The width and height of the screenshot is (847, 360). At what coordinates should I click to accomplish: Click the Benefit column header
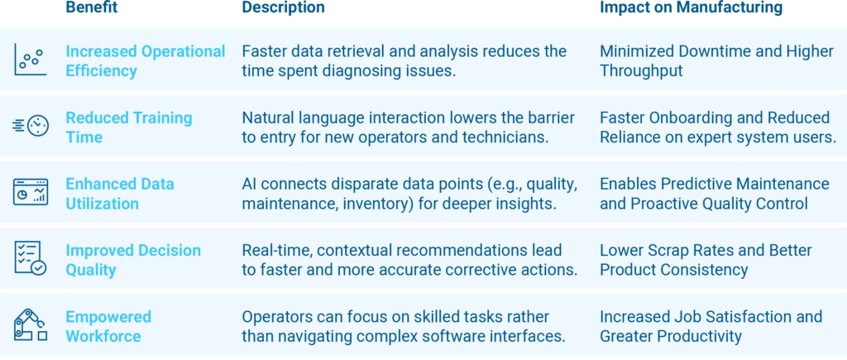(92, 7)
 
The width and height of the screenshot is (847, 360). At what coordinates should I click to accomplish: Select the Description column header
(283, 7)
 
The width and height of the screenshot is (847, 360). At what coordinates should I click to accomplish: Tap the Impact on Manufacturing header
(691, 7)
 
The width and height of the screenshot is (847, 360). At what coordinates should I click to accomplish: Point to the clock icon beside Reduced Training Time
(31, 126)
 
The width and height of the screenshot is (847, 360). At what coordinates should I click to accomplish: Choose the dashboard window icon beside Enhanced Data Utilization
(31, 192)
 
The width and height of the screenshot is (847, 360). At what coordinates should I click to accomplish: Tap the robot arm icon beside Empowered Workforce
(31, 325)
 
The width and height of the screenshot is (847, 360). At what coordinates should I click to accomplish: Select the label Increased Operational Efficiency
(146, 61)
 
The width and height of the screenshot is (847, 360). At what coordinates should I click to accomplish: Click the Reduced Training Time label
(128, 127)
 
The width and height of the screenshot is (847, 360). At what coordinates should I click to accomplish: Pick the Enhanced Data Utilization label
(120, 194)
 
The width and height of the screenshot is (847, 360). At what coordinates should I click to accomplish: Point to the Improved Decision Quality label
(133, 260)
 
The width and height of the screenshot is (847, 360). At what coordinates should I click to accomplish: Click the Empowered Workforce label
(108, 326)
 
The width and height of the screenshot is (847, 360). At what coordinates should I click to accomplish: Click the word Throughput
(642, 71)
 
